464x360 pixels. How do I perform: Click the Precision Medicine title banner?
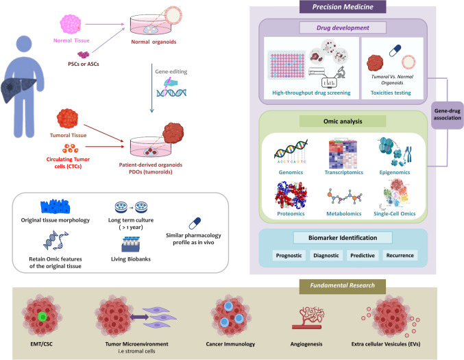point(343,6)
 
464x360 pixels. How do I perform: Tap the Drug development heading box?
point(343,28)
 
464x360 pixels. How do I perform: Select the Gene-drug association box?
point(447,115)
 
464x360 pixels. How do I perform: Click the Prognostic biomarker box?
point(289,256)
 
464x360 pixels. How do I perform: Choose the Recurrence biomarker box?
point(400,255)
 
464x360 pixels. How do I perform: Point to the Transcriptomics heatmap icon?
point(343,154)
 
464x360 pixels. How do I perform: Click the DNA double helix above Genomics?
point(291,151)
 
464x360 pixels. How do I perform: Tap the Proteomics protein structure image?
point(291,195)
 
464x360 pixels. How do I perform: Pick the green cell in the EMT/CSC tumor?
point(42,317)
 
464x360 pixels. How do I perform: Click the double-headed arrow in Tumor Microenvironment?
point(139,317)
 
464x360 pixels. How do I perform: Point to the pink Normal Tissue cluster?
point(71,24)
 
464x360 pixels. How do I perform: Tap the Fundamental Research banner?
point(343,286)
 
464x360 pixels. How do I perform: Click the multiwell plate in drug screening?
point(286,65)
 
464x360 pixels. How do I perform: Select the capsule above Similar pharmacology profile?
point(195,224)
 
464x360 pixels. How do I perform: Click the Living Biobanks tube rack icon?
point(130,244)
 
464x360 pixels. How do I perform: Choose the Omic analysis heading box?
point(343,121)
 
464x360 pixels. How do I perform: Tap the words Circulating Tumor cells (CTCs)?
point(68,163)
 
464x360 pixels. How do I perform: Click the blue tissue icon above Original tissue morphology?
point(56,206)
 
